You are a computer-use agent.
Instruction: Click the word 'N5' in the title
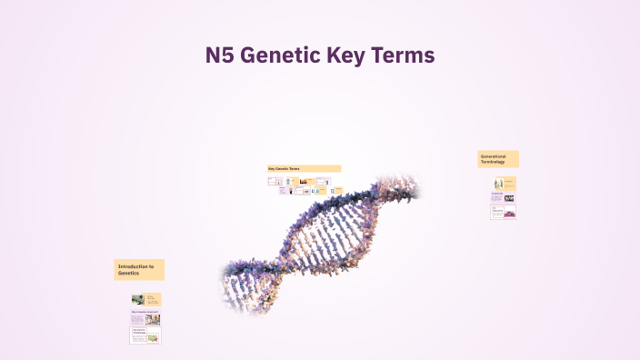pyautogui.click(x=220, y=55)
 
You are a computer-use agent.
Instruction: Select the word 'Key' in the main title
pyautogui.click(x=345, y=55)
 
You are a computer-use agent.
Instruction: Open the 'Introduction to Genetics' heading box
pyautogui.click(x=139, y=269)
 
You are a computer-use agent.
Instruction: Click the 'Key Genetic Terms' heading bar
pyautogui.click(x=304, y=168)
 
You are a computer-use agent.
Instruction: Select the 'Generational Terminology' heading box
pyautogui.click(x=498, y=159)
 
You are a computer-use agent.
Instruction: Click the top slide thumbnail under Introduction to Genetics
pyautogui.click(x=145, y=299)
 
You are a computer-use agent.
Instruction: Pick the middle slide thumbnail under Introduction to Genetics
pyautogui.click(x=145, y=318)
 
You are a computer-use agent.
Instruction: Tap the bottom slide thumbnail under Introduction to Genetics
pyautogui.click(x=145, y=336)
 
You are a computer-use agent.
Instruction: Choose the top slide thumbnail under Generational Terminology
pyautogui.click(x=504, y=183)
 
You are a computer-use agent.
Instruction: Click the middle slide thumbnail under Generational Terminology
pyautogui.click(x=504, y=197)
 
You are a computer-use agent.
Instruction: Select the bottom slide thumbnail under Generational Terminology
pyautogui.click(x=504, y=213)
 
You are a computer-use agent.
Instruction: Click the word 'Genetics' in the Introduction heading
pyautogui.click(x=128, y=273)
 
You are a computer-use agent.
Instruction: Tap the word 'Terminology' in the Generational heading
pyautogui.click(x=492, y=162)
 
